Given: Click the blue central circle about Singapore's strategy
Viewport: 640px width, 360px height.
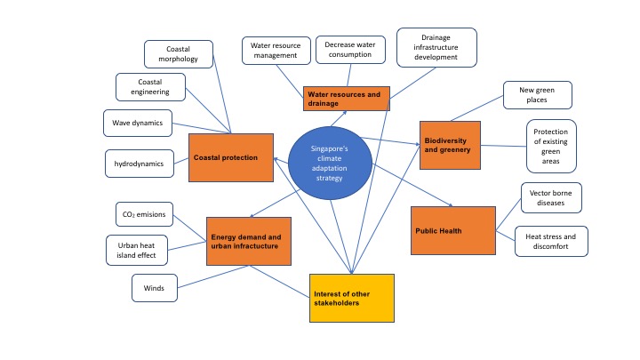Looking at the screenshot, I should pos(330,164).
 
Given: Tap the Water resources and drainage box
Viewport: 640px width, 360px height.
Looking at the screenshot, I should pos(346,99).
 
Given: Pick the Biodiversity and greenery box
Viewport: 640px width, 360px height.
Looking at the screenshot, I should pos(450,144).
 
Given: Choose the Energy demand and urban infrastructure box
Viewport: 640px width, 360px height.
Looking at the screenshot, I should pos(249,241).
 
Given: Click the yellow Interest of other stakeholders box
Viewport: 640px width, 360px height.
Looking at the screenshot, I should pos(352,298).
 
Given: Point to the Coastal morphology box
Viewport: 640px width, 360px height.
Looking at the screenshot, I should pos(179,53).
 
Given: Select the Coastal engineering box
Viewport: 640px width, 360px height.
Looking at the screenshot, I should pos(150,86).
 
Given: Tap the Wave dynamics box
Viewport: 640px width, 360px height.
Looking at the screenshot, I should pos(138,123).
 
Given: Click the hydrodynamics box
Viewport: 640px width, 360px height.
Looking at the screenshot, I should pos(138,164).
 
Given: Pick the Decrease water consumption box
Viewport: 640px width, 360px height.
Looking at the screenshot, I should pos(349,49).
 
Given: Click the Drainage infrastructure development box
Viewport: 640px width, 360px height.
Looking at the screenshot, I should pos(436,46).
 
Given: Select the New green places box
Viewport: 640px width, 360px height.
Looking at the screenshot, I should pos(538,94).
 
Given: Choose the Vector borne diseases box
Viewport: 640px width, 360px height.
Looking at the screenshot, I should pos(550,197).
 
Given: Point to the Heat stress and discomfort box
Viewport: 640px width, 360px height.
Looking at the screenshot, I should pos(551,242).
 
